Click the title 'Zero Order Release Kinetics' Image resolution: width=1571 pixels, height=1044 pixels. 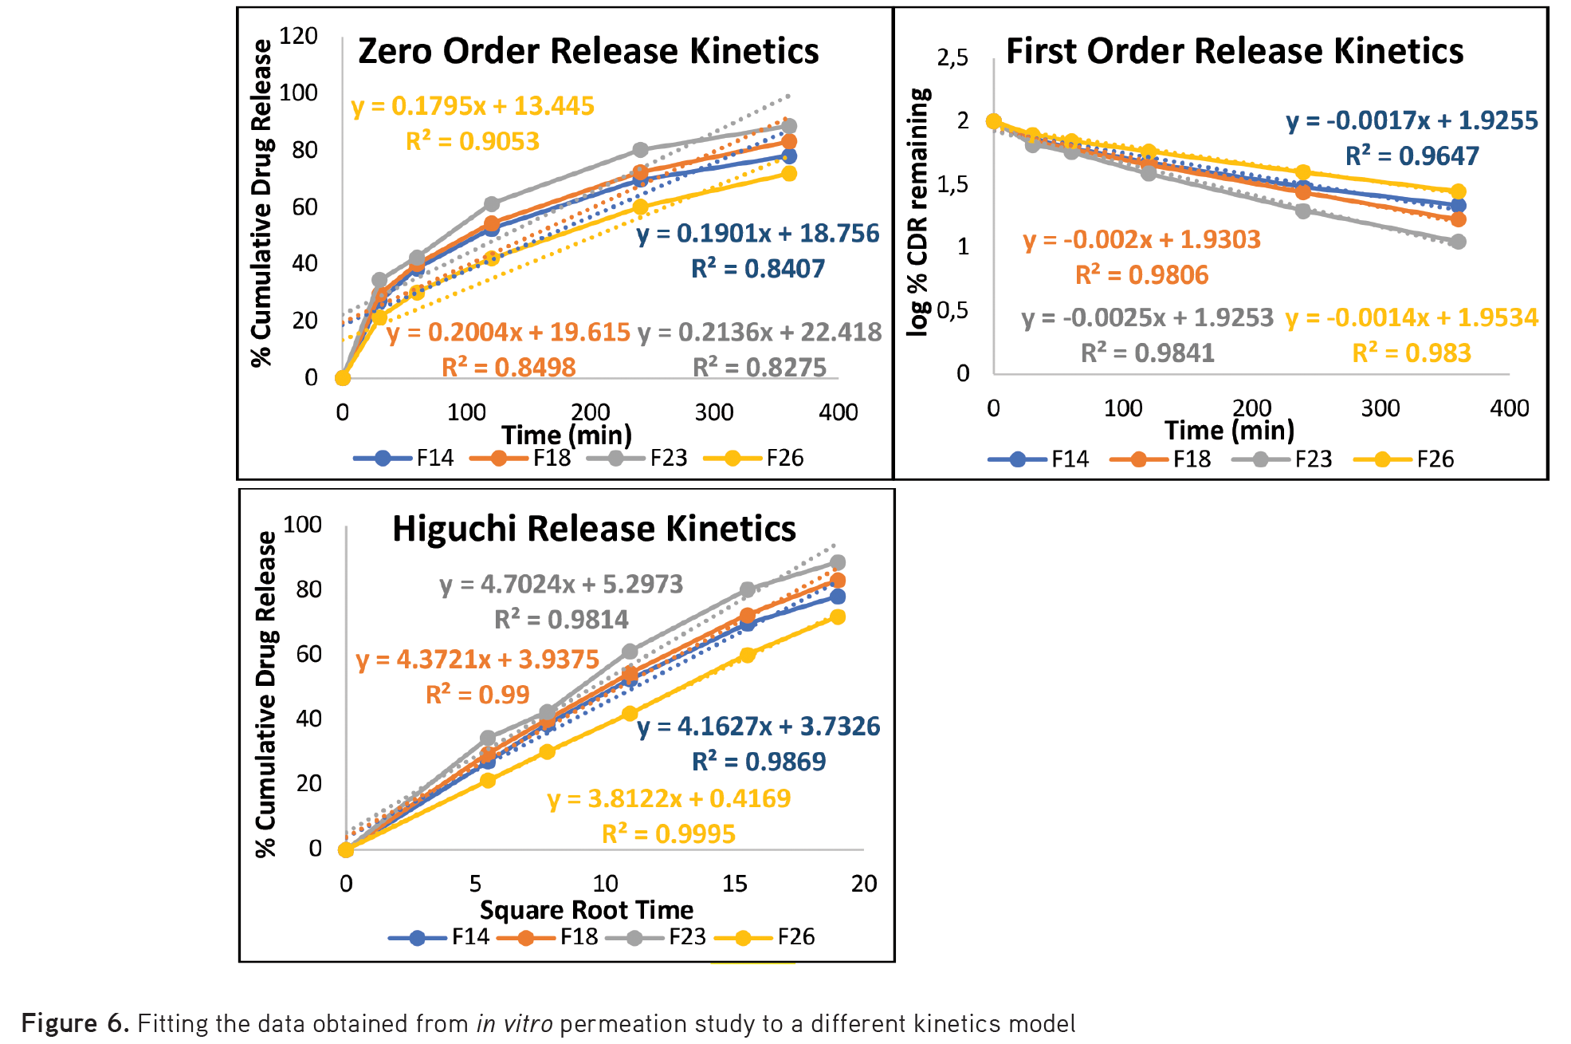coord(588,51)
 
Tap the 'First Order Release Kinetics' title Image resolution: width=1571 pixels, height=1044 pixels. coord(1235,51)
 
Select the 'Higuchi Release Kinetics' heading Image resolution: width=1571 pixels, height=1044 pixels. coord(594,529)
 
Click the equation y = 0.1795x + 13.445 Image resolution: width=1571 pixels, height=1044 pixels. coord(473,106)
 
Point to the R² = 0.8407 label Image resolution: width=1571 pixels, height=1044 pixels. coord(758,269)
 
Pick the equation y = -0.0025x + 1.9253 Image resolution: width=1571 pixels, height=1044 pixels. coord(1147,317)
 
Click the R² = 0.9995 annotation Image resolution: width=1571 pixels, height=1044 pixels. coord(668,834)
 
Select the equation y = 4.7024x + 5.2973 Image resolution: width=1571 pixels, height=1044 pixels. coord(561,585)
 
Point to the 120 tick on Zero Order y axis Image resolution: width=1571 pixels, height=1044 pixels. coord(299,36)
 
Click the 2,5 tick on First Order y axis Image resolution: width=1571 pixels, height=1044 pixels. coord(952,57)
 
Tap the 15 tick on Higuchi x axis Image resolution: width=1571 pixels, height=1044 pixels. coord(734,884)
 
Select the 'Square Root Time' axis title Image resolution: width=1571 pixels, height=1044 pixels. coord(586,910)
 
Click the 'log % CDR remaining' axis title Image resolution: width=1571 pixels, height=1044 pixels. coord(919,212)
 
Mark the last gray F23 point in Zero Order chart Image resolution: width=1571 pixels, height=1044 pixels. coord(788,126)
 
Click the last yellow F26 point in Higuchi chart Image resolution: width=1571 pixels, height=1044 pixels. coord(837,617)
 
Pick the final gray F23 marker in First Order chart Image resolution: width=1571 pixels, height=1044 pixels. coord(1458,242)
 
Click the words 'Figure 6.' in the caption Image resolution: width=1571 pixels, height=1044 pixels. coord(75,1023)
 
